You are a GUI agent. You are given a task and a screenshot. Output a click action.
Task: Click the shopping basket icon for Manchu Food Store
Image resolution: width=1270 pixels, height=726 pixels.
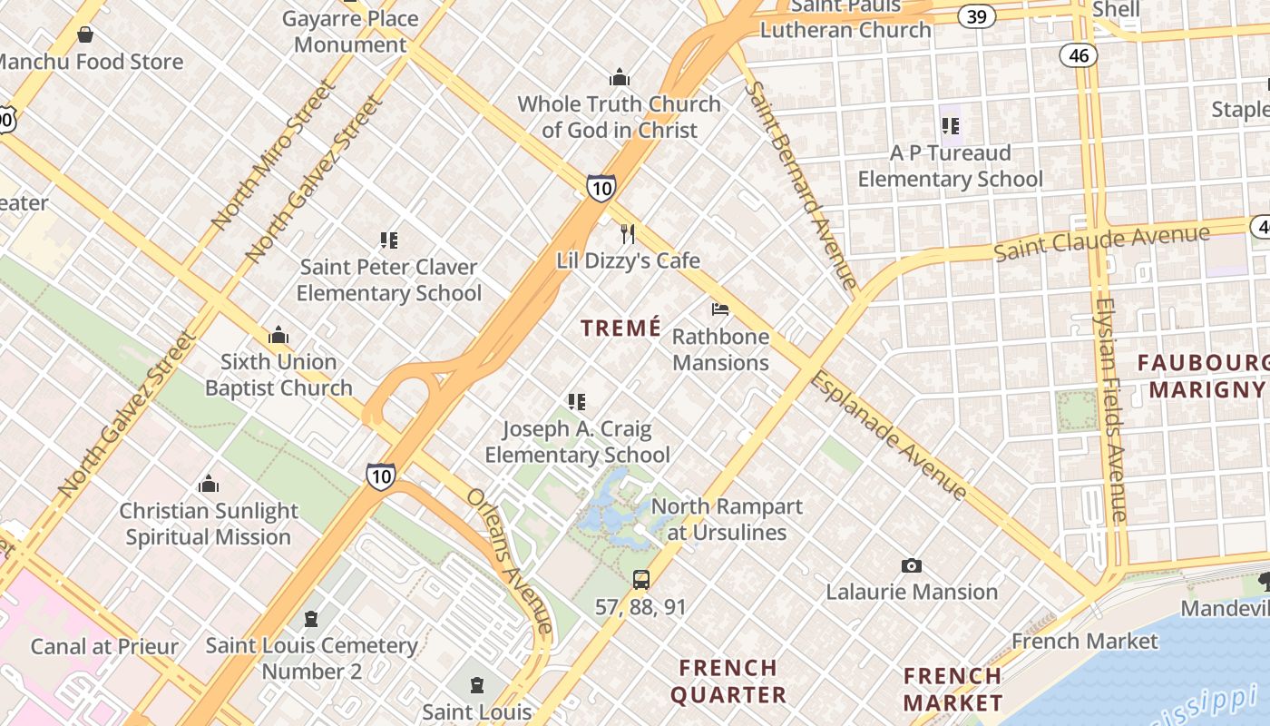[85, 35]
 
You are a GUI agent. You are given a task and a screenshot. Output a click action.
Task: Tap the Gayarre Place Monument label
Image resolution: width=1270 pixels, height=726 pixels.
[350, 31]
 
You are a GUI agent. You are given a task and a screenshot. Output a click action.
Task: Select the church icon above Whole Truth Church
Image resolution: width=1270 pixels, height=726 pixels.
[620, 77]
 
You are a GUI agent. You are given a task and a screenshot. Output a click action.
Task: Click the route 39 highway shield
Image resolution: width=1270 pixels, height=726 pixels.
[976, 16]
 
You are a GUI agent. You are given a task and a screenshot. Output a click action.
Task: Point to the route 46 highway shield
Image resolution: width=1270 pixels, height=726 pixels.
[1079, 55]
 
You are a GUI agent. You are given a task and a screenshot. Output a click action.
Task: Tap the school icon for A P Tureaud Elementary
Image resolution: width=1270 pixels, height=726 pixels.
[950, 126]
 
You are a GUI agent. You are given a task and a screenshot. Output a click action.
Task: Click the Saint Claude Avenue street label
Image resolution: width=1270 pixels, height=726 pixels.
[1101, 242]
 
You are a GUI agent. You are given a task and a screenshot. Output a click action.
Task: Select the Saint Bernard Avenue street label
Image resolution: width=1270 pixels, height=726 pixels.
[801, 185]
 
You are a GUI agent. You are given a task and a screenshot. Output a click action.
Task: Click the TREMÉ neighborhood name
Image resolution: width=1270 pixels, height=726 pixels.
[621, 329]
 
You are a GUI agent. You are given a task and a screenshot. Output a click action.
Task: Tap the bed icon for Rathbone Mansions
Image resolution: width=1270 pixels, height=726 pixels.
[720, 309]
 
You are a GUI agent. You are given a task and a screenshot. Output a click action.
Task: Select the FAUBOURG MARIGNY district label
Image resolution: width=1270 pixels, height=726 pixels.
[1202, 376]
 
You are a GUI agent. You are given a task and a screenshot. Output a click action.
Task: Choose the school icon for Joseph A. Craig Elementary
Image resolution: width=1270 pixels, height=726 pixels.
[577, 401]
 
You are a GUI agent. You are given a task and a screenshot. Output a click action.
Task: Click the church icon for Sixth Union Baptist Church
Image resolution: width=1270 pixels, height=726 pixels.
[278, 335]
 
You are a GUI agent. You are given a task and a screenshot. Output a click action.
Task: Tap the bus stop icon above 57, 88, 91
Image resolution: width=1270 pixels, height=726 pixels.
[640, 579]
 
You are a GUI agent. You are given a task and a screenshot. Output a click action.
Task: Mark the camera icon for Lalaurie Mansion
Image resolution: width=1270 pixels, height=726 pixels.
[912, 566]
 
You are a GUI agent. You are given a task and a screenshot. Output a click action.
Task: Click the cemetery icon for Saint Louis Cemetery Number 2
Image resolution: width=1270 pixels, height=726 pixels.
[311, 619]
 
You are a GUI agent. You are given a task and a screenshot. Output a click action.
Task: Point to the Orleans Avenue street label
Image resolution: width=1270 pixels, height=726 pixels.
[509, 561]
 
